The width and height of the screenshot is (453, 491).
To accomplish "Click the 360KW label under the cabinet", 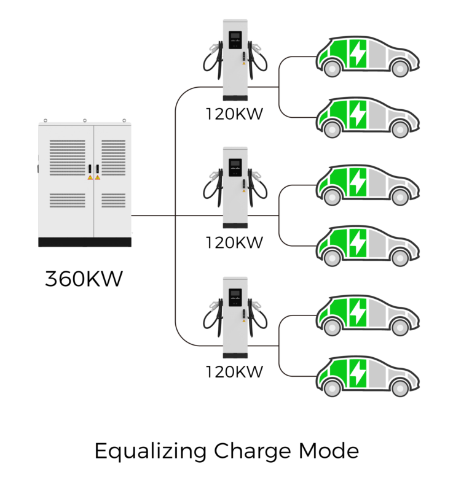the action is [84, 279].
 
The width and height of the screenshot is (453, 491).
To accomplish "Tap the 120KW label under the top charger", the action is [234, 114].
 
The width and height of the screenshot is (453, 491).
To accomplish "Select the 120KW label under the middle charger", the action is [234, 242].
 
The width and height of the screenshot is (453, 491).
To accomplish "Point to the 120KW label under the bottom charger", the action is [234, 372].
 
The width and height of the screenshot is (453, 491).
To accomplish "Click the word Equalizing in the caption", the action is [151, 452].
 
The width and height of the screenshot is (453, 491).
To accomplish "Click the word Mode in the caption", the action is [329, 451].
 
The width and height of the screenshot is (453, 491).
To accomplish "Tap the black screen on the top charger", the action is [235, 40].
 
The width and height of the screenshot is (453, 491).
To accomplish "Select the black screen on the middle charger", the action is [235, 168].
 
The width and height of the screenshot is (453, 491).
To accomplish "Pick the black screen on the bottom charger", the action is [235, 298].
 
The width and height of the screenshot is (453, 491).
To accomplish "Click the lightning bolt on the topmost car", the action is [358, 53].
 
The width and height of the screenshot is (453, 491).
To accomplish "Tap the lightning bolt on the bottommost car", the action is [358, 373].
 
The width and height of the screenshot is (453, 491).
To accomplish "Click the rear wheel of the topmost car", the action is [332, 69].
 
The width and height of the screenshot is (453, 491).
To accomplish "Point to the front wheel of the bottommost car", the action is [400, 389].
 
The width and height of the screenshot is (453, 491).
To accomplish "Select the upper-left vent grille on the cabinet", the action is [68, 158].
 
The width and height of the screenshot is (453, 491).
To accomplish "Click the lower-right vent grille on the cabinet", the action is [113, 201].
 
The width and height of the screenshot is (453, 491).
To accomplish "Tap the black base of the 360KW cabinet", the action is [85, 242].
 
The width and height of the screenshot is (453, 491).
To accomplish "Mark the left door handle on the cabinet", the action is [90, 169].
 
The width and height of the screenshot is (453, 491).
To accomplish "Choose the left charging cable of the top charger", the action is [213, 59].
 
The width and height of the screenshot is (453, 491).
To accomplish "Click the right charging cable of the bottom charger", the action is [258, 317].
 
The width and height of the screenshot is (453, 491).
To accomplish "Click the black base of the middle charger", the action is [235, 225].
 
